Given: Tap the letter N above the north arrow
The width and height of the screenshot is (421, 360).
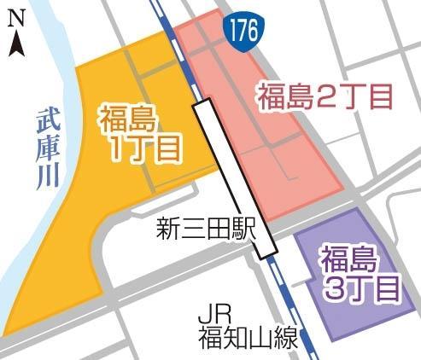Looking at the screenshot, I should (x=16, y=15).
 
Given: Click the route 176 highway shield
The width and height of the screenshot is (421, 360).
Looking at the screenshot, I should (x=240, y=33).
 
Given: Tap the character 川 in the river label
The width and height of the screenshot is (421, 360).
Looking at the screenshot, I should (x=49, y=176).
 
